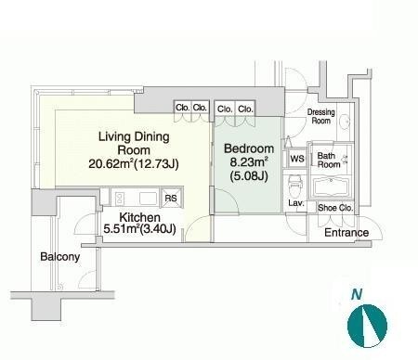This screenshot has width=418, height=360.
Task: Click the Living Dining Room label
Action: click(134, 143)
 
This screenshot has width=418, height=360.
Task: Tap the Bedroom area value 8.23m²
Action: click(249, 161)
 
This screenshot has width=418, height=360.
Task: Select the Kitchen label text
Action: click(139, 217)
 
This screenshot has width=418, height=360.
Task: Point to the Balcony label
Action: click(60, 257)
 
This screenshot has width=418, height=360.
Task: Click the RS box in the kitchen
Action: click(171, 198)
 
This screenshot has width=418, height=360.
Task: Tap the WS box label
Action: click(297, 159)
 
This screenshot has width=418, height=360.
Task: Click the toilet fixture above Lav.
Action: click(294, 185)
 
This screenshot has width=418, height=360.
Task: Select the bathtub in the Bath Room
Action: click(331, 186)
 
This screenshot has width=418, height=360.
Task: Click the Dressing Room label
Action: click(321, 116)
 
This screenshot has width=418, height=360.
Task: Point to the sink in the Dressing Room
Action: click(344, 121)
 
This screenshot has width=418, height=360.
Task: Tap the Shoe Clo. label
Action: click(335, 208)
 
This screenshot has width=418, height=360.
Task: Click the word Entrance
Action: click(346, 233)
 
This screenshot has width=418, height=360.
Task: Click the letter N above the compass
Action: click(357, 294)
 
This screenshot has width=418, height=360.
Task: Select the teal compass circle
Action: click(367, 326)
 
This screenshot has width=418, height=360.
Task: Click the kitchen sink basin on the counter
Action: click(148, 199)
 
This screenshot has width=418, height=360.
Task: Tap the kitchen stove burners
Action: click(120, 199)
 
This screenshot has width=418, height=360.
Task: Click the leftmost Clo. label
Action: click(182, 108)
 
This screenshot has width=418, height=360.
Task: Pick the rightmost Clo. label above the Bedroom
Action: click(245, 109)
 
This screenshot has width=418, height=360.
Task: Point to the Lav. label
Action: click(296, 203)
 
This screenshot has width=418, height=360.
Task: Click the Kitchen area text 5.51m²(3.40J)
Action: click(139, 229)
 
